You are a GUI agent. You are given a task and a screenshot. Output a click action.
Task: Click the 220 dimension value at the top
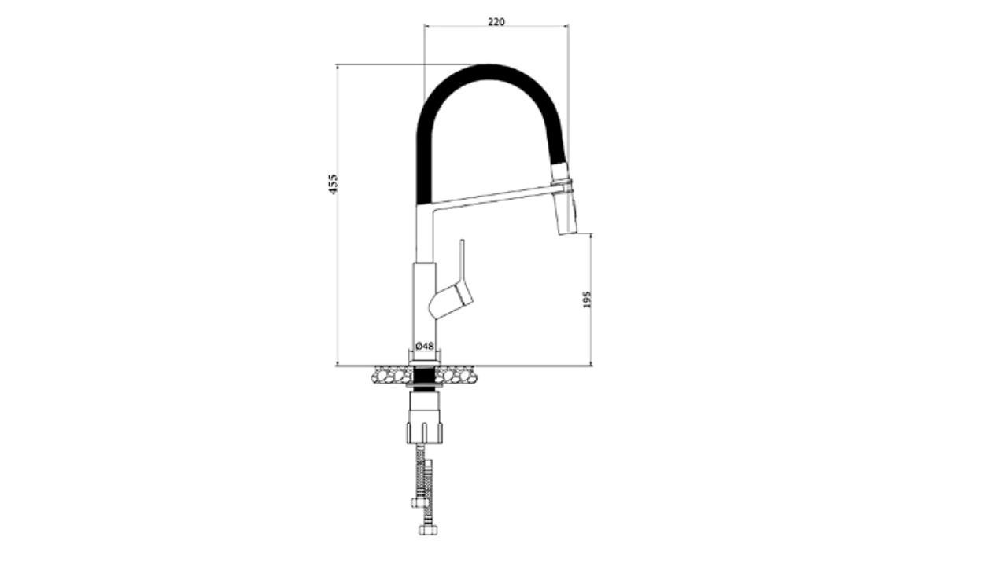click(496, 21)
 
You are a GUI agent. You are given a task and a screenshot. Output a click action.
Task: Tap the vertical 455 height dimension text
click(333, 184)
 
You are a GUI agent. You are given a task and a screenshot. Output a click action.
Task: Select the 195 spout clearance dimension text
click(587, 300)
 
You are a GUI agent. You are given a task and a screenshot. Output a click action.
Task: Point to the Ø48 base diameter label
click(425, 346)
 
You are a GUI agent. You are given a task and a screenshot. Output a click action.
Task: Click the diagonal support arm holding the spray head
click(492, 198)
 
